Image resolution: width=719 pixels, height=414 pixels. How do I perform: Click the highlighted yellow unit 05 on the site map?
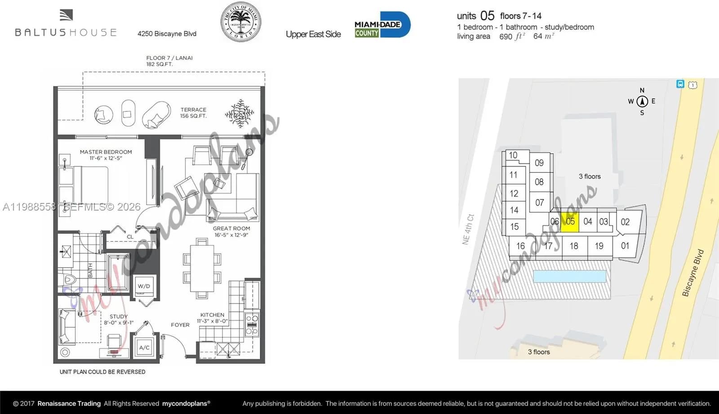coord(570,222)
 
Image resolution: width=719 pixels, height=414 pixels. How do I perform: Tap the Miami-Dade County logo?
coord(382,25)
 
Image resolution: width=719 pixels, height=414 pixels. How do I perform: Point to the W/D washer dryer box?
coord(144,286)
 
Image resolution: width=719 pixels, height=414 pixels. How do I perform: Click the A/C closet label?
coord(144,348)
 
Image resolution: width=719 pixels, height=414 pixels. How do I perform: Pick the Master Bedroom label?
coord(106,152)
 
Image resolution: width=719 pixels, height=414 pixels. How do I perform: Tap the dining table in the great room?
coord(202,268)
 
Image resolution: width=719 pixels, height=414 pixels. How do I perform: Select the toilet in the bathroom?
coord(68,280)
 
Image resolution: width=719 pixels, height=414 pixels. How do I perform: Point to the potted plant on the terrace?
coord(239,113)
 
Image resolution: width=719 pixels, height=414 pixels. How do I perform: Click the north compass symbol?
coord(642,101)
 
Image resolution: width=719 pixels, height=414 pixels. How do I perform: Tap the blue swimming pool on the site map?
coord(569,276)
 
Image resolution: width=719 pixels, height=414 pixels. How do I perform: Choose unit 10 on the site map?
coord(513,155)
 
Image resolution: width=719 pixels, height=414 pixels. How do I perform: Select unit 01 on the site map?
coord(625,246)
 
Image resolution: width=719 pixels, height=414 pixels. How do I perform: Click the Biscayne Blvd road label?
coord(692,273)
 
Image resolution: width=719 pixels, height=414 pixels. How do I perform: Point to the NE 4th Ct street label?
coord(468,229)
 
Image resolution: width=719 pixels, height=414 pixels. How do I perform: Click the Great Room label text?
coord(231,229)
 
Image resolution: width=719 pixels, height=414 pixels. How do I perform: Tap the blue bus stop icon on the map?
coord(680,84)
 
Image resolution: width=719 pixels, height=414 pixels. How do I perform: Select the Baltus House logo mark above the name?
coord(66,16)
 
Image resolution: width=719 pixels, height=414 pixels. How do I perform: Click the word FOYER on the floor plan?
coord(180,325)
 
